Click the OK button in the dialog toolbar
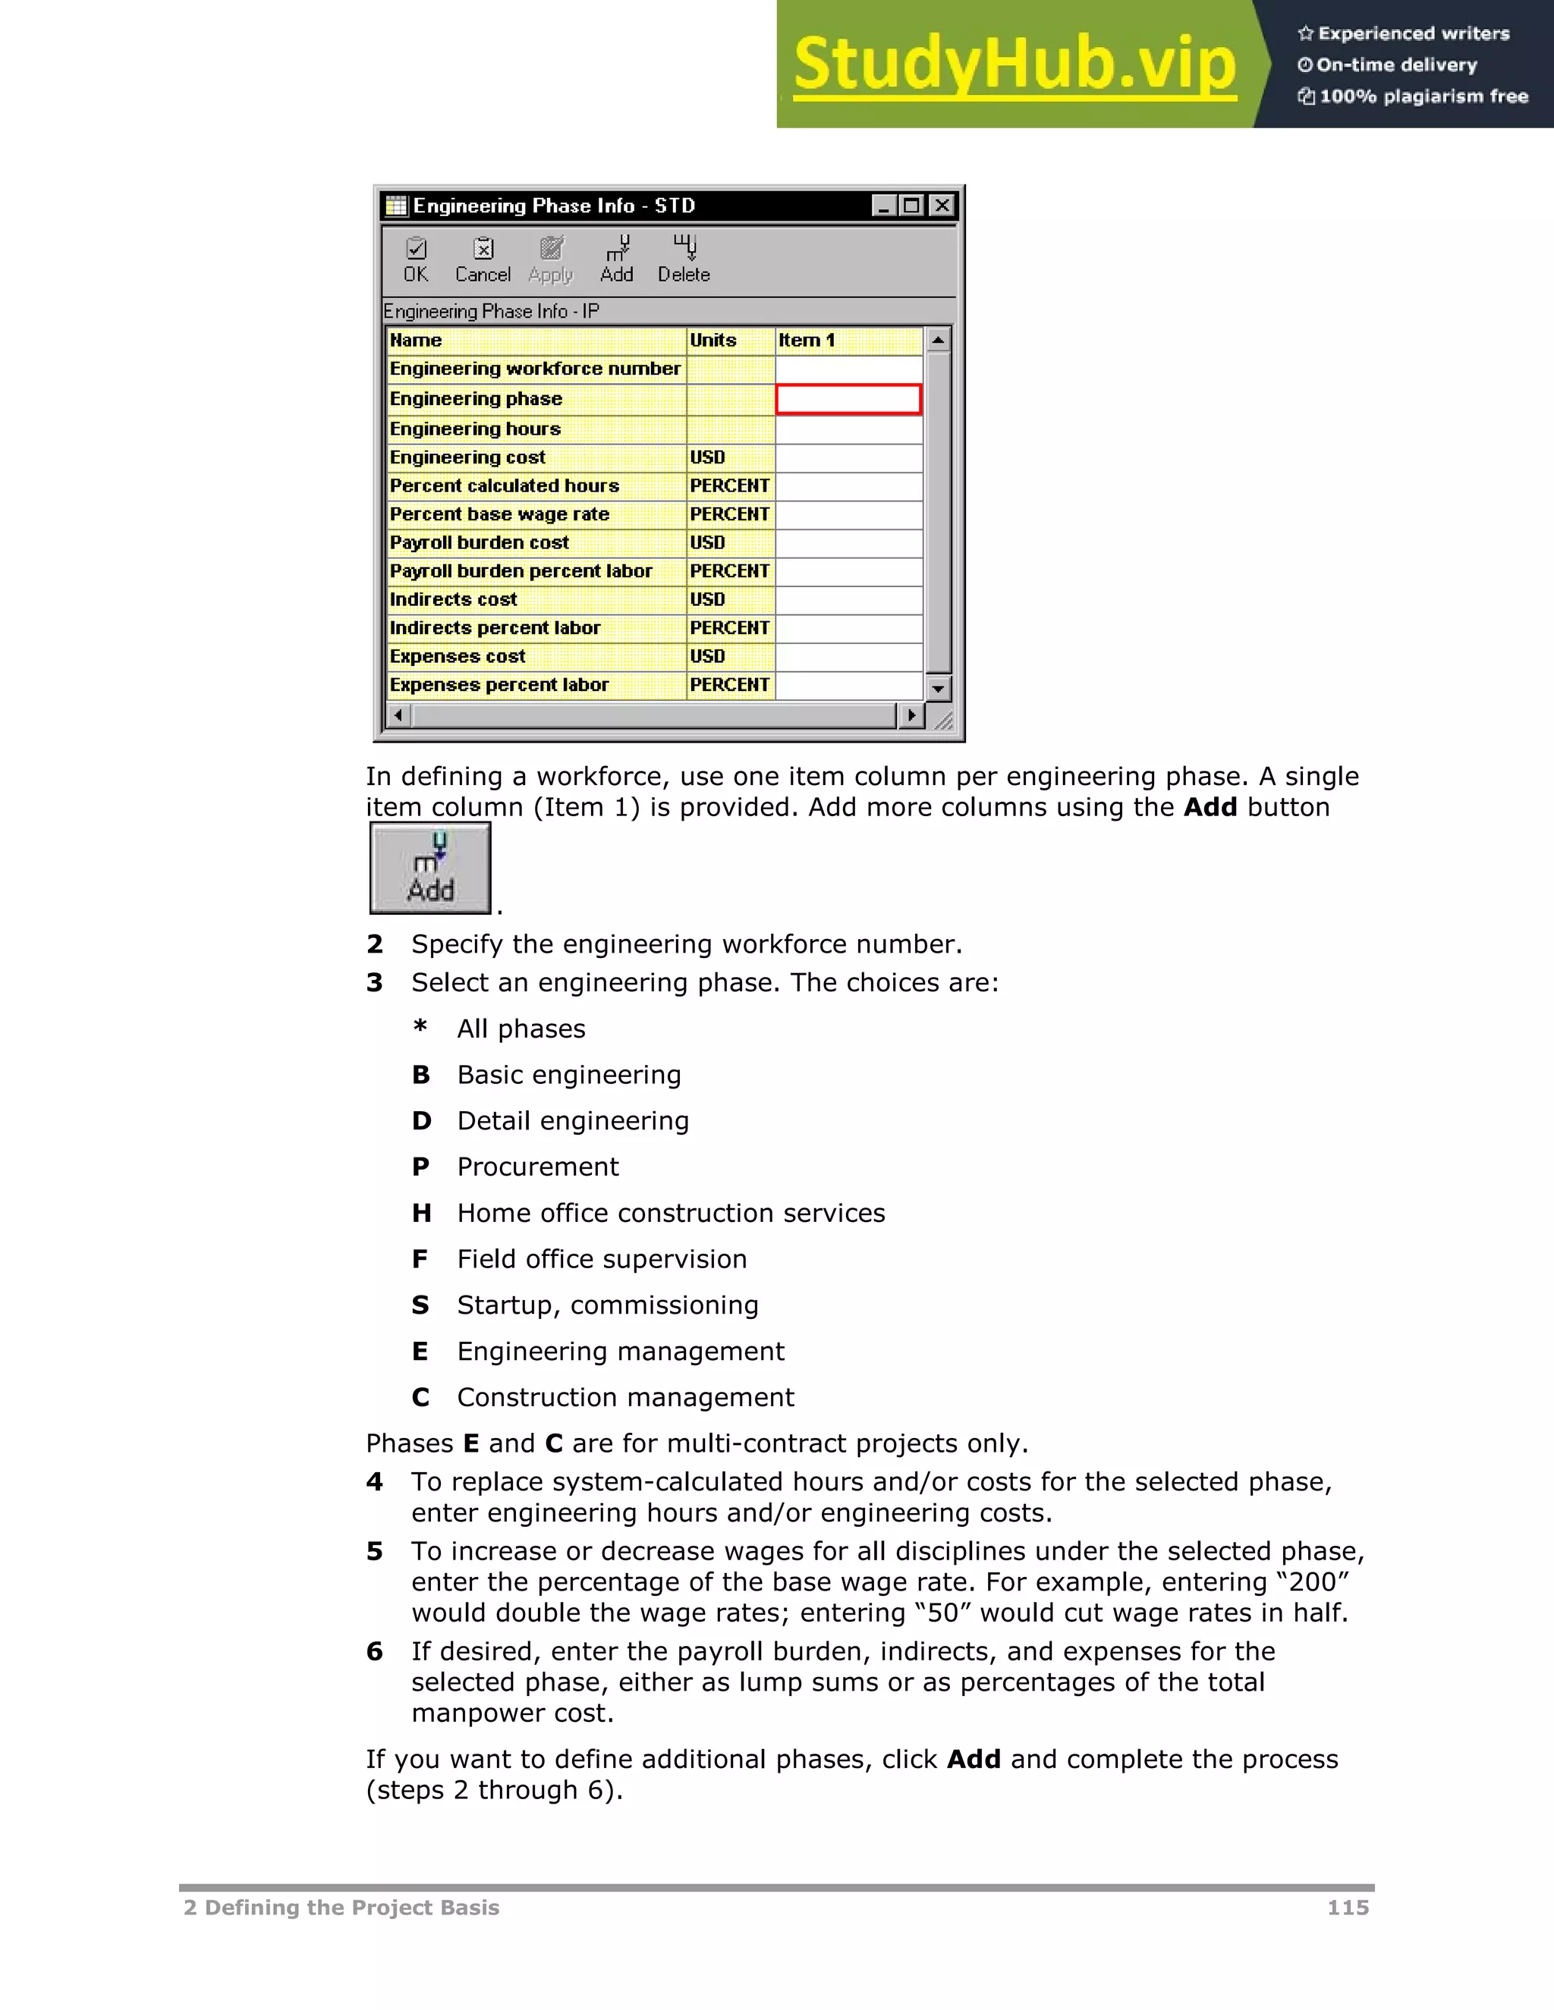click(x=416, y=259)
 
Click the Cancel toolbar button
click(x=483, y=259)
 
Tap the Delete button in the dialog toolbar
click(x=684, y=259)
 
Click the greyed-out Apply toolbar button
click(x=551, y=259)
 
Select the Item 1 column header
click(x=848, y=341)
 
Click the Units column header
click(x=730, y=341)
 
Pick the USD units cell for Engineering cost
click(x=730, y=457)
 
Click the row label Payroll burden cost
click(x=480, y=543)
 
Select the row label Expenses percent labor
click(x=499, y=685)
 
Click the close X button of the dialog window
click(x=941, y=206)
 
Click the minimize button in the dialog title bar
click(x=884, y=206)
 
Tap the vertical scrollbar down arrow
click(x=938, y=687)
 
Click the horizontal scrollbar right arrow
click(x=911, y=715)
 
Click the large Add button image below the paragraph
click(x=430, y=868)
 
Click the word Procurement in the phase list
click(x=538, y=1167)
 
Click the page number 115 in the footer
click(x=1348, y=1907)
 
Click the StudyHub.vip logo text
click(x=1015, y=64)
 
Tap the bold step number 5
click(x=374, y=1552)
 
